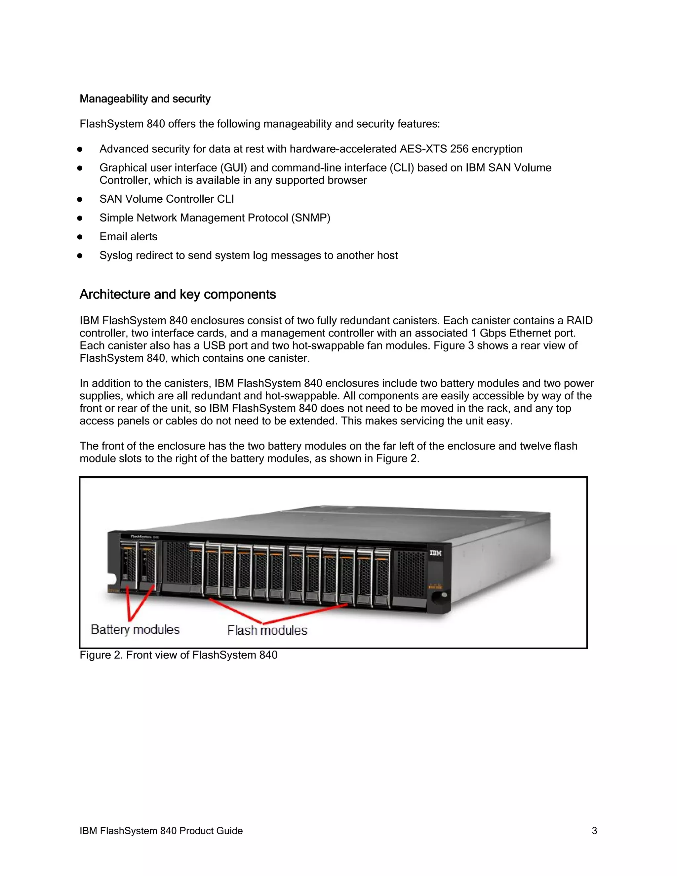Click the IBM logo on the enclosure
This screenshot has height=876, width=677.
[436, 553]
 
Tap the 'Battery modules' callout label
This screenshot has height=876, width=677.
[135, 629]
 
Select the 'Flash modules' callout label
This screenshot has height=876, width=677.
[267, 630]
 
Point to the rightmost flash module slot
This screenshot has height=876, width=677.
[382, 577]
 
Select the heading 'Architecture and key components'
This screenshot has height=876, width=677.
[178, 295]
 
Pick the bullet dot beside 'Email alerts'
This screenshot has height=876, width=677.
[80, 237]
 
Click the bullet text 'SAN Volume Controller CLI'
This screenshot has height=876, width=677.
[167, 199]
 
